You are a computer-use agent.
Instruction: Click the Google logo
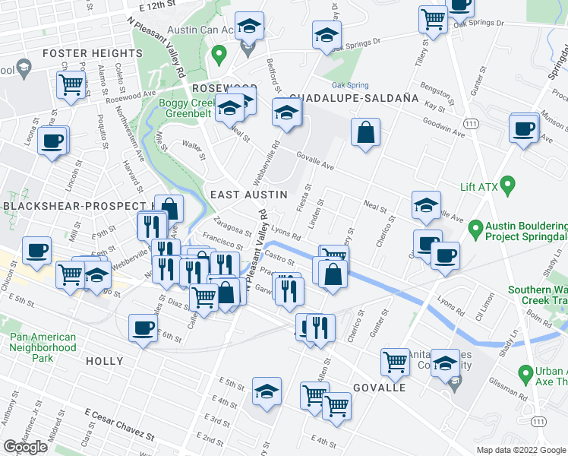[x=25, y=447]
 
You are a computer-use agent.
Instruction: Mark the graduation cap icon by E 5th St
[x=266, y=392]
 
